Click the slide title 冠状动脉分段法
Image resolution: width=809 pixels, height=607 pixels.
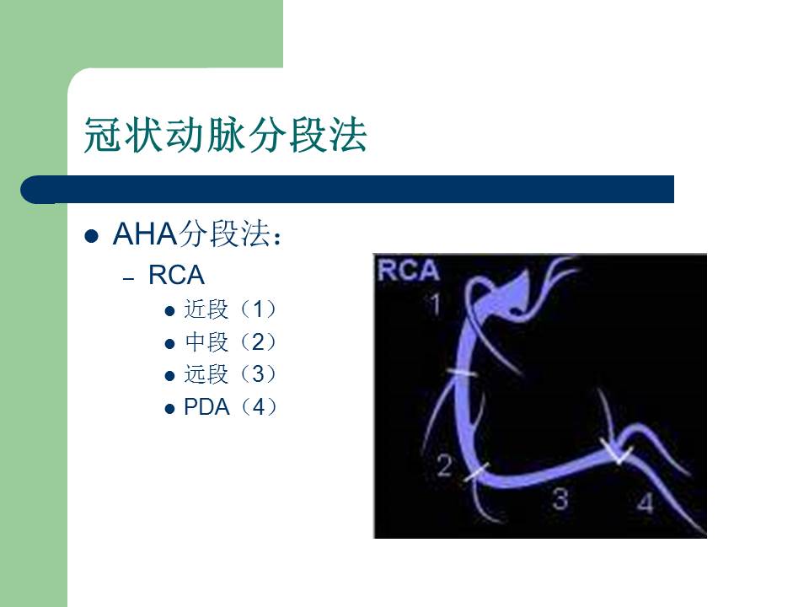point(225,135)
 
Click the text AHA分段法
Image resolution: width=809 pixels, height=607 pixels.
point(196,235)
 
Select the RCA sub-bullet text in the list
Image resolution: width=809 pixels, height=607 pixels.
point(176,275)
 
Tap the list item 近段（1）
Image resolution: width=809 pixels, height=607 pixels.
point(230,309)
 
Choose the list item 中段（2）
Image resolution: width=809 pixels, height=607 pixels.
point(230,342)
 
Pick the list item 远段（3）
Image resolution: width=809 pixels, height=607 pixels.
point(230,374)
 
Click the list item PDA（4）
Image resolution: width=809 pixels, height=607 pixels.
point(230,407)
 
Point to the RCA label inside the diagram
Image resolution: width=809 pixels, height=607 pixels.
point(409,271)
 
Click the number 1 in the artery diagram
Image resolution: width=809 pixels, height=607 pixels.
point(435,303)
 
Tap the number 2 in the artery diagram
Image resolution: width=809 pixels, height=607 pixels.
point(445,465)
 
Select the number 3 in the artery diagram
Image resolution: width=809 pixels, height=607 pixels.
point(560,498)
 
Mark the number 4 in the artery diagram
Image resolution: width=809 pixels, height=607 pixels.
point(645,503)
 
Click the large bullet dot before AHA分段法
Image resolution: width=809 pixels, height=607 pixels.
point(94,236)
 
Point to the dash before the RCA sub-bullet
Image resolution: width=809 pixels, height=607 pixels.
point(128,277)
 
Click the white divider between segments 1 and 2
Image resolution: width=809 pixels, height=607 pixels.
point(461,373)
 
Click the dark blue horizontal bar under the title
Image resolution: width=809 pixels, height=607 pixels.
point(354,189)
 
